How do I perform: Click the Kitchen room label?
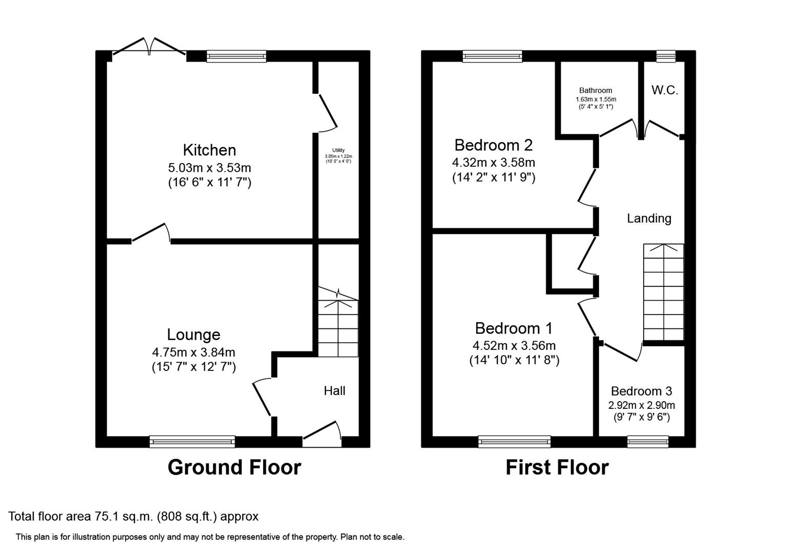(209, 150)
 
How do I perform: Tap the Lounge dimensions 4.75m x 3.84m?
(193, 352)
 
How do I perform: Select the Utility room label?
(338, 150)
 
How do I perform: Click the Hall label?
(334, 391)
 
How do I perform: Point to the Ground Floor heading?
(234, 467)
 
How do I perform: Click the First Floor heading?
(557, 467)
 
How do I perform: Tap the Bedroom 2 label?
(493, 145)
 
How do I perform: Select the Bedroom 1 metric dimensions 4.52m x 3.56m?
(514, 346)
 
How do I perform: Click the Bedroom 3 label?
(641, 391)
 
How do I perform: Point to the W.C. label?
(665, 90)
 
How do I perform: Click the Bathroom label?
(596, 90)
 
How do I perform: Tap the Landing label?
(649, 219)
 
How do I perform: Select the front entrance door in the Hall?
(322, 434)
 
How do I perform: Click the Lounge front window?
(192, 441)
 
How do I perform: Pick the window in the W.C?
(666, 56)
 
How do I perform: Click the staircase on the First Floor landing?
(664, 292)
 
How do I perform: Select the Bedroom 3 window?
(648, 441)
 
